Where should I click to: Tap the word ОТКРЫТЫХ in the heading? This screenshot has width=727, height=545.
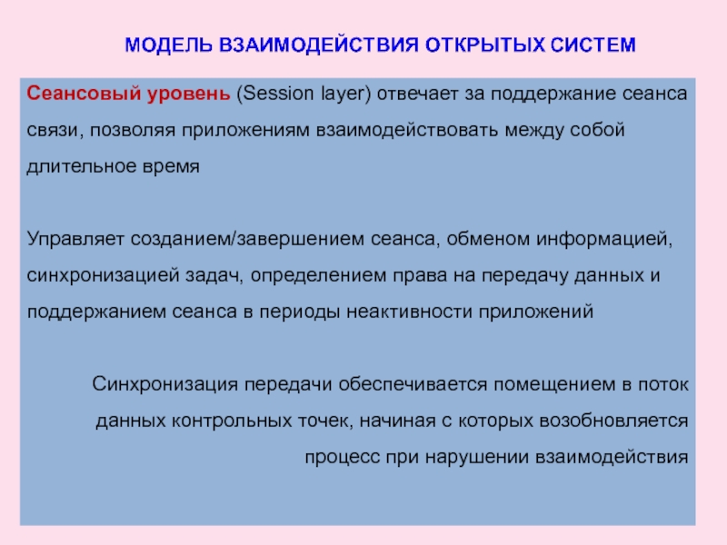466,45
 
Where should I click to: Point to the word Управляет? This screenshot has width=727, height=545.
76,240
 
